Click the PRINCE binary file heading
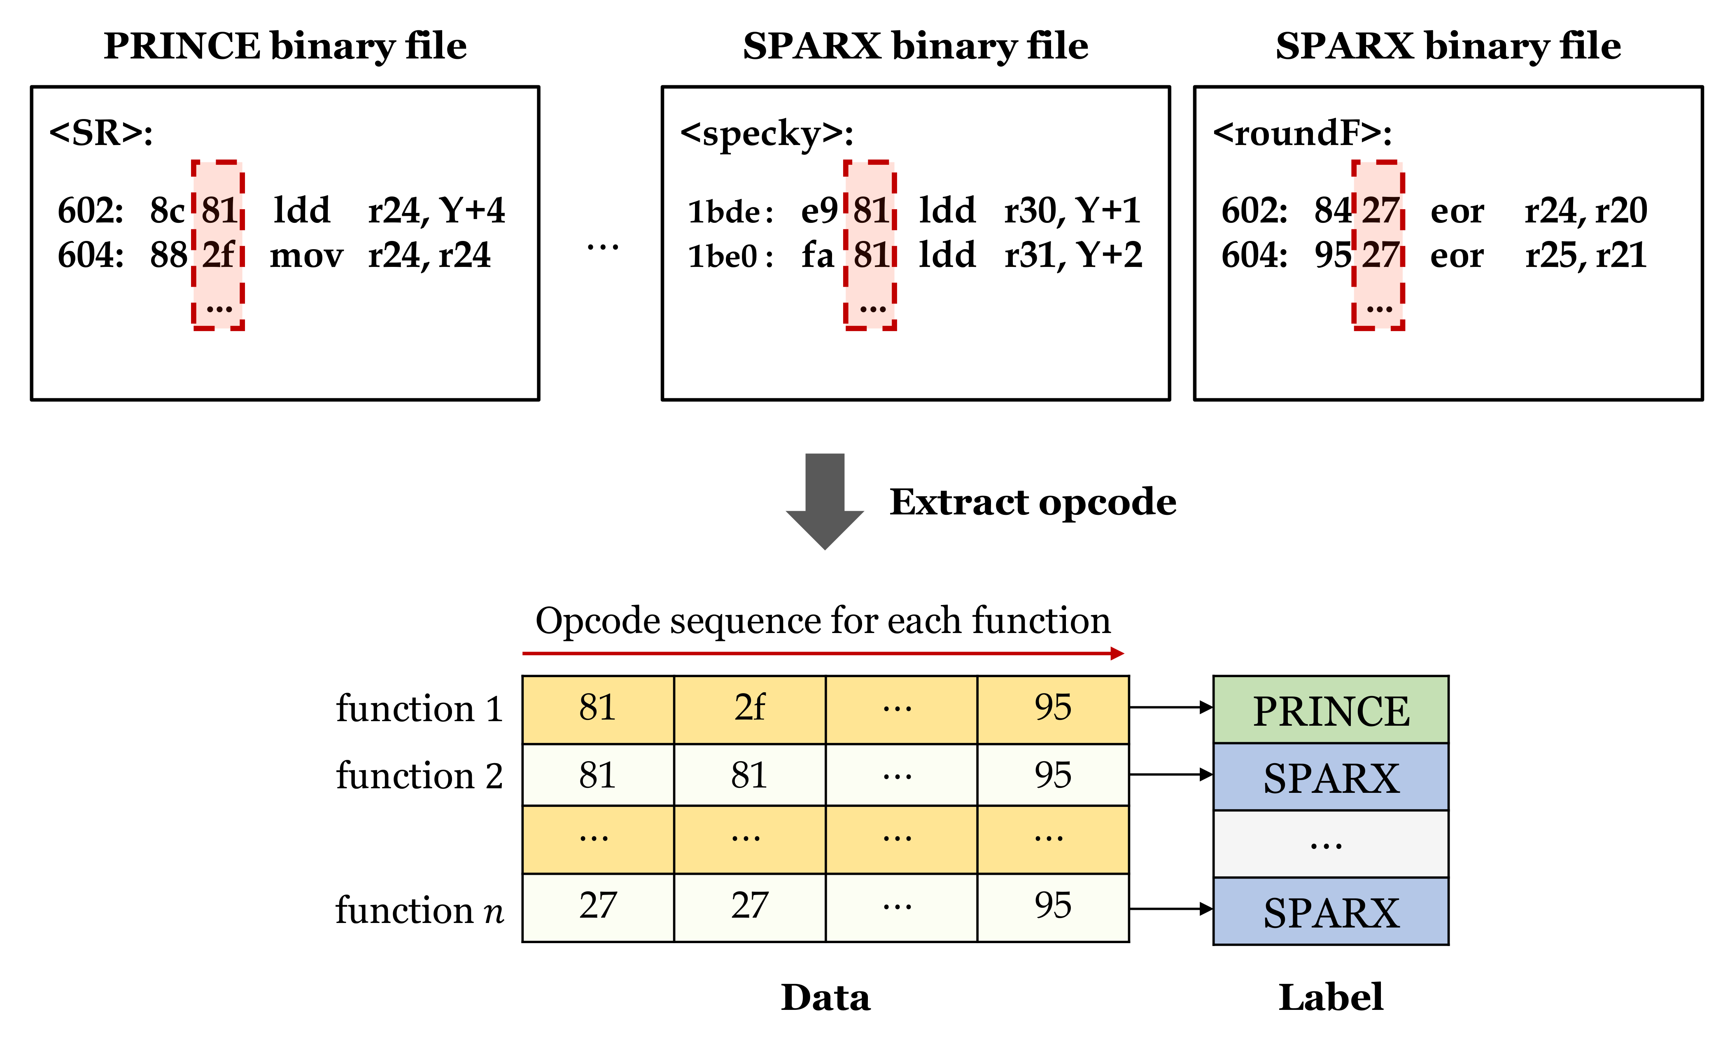(285, 47)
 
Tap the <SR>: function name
(101, 133)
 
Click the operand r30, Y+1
(1072, 210)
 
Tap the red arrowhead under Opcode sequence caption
(1117, 654)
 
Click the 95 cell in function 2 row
(1053, 775)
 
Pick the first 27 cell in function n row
(598, 906)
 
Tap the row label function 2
(419, 776)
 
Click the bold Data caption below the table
(825, 998)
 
